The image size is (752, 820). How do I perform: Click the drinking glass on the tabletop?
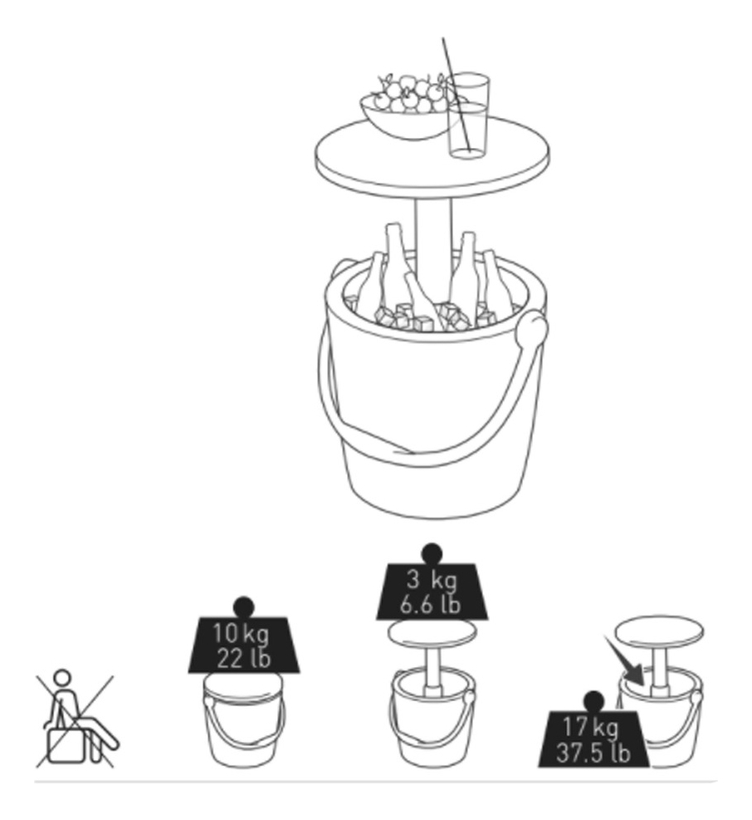pyautogui.click(x=468, y=115)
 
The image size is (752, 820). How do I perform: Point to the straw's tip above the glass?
pyautogui.click(x=443, y=38)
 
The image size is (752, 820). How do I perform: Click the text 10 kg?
pyautogui.click(x=241, y=634)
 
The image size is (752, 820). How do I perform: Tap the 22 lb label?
pyautogui.click(x=243, y=658)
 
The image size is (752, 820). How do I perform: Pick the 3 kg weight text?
pyautogui.click(x=431, y=580)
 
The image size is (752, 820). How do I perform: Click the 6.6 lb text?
pyautogui.click(x=430, y=605)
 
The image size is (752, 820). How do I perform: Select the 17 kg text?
pyautogui.click(x=590, y=727)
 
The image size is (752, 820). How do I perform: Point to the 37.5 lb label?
pyautogui.click(x=593, y=753)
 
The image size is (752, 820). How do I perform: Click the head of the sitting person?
pyautogui.click(x=62, y=678)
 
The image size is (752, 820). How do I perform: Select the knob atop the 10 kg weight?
pyautogui.click(x=243, y=607)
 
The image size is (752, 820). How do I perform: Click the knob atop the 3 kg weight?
pyautogui.click(x=432, y=554)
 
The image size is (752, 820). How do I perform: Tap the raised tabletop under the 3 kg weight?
pyautogui.click(x=432, y=632)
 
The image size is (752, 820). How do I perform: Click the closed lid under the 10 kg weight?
pyautogui.click(x=243, y=685)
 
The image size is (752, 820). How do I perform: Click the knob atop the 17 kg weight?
pyautogui.click(x=593, y=702)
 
